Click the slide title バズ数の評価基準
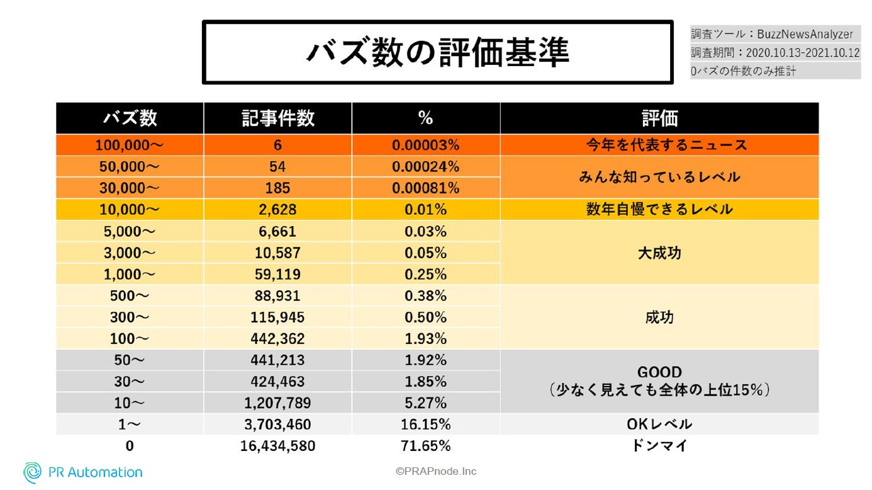437,52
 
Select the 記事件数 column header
277,118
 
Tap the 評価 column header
659,118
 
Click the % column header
425,118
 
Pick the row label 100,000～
130,145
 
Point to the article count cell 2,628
277,210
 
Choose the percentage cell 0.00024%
425,167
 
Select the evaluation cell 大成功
659,253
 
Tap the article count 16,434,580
277,446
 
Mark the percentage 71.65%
425,446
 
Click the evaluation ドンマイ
659,446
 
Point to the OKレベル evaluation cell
659,424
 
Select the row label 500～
130,296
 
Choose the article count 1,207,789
277,403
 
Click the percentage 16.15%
425,424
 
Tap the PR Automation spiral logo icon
32,472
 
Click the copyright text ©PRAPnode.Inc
436,471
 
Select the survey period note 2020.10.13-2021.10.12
775,53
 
